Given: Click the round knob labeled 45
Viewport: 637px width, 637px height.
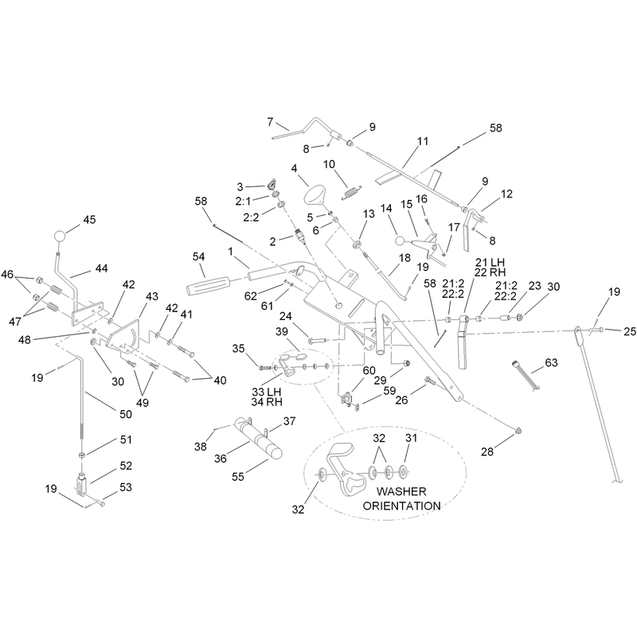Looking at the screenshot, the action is click(x=60, y=236).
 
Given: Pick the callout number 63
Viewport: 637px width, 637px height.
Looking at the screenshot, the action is click(x=551, y=362).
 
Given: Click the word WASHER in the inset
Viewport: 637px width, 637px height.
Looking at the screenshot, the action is click(x=401, y=491).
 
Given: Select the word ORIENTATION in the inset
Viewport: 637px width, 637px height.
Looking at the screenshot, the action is click(x=401, y=506).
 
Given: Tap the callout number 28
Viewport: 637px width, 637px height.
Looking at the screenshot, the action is click(x=487, y=451).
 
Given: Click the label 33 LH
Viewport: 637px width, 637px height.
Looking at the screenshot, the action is click(x=267, y=392).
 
